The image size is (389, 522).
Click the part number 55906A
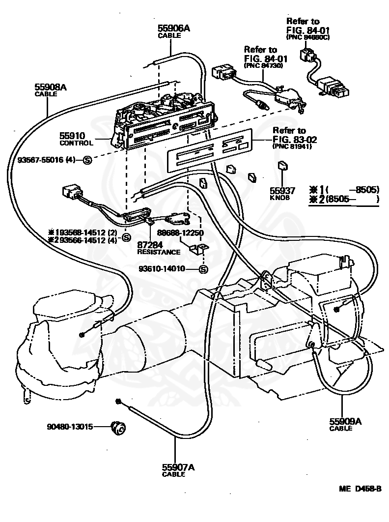(x=173, y=29)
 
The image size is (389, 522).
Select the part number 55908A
(x=50, y=87)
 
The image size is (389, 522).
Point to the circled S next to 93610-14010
(x=203, y=269)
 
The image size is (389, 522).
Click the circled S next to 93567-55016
(x=86, y=160)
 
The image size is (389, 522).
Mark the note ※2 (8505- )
(x=344, y=199)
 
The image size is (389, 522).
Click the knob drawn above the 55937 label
(x=282, y=166)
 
